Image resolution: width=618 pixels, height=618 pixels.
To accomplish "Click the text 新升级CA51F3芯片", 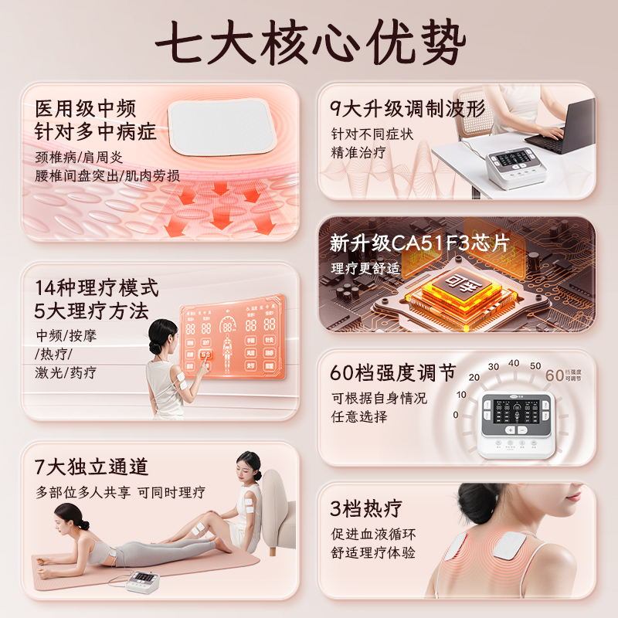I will click(x=419, y=243).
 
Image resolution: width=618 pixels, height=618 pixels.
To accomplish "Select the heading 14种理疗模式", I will click(x=97, y=289).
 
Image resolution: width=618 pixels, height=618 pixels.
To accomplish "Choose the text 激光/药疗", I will click(x=66, y=372).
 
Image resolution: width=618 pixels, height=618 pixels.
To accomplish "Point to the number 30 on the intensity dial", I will click(x=493, y=365).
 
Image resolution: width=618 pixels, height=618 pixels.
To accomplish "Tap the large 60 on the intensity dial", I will click(x=555, y=375).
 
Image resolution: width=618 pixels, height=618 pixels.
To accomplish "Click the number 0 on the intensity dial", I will click(x=456, y=415).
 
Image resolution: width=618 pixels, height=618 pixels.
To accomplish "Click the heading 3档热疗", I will click(x=366, y=508).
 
